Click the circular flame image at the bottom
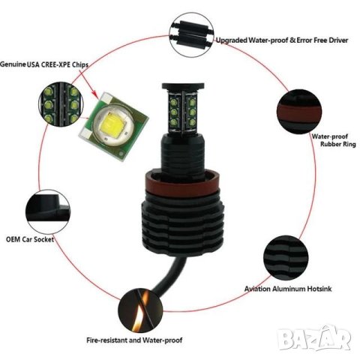134,307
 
